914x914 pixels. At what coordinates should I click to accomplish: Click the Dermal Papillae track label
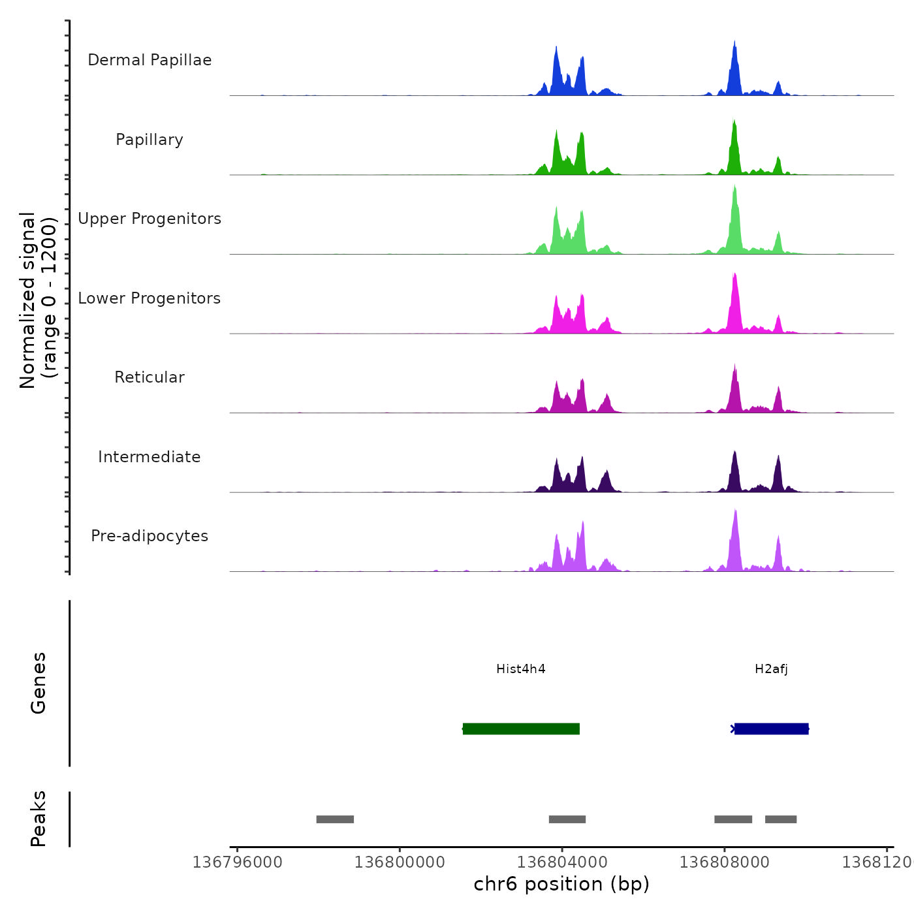pos(150,60)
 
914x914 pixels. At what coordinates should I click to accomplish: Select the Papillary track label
pos(150,140)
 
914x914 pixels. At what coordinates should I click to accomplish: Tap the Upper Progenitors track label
pos(150,219)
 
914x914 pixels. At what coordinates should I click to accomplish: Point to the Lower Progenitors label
pos(150,298)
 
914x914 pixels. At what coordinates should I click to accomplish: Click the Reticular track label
pos(150,377)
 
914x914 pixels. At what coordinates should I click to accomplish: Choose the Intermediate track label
pos(150,457)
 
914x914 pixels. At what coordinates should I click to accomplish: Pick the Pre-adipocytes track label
pos(150,536)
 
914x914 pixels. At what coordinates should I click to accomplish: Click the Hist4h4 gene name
pos(521,669)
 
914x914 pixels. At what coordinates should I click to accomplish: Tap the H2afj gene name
pos(771,669)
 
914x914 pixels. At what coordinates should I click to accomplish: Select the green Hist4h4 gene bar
pos(521,729)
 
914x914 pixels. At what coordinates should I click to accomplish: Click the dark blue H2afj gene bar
pos(771,729)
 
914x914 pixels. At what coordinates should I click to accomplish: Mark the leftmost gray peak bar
pos(335,819)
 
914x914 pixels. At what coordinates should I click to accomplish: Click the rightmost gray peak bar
pos(781,819)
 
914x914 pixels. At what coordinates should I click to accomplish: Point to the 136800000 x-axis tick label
pos(400,862)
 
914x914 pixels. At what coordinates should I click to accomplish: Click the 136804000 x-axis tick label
pos(562,862)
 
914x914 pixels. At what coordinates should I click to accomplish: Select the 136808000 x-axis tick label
pos(724,862)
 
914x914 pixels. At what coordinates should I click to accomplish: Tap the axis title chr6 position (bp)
pos(561,884)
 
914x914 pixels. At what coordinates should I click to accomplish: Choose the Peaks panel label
pos(39,819)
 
